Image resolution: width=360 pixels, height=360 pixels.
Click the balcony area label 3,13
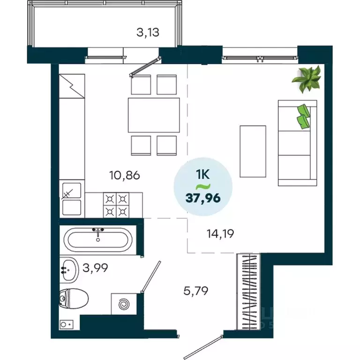click(148, 32)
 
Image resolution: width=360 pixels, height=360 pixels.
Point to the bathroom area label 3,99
click(95, 268)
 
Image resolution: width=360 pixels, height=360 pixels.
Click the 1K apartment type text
click(203, 176)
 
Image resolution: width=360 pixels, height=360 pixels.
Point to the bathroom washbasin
click(69, 269)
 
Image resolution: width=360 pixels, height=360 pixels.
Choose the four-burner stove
click(115, 205)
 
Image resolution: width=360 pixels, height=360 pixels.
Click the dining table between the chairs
click(154, 115)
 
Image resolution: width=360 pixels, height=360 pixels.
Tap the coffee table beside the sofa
click(253, 151)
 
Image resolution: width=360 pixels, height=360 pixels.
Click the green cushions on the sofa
click(303, 115)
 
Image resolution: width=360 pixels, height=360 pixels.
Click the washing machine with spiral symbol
click(124, 305)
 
